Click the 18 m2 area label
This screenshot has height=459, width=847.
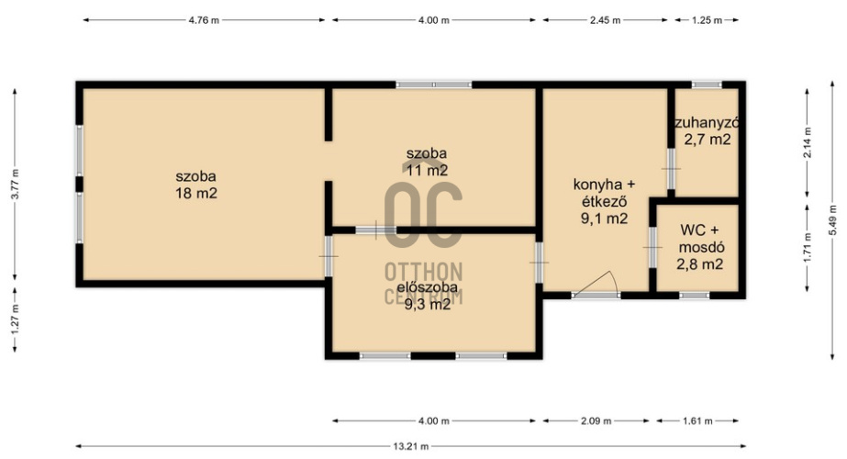(x=196, y=193)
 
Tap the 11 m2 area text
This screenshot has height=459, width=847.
(x=427, y=171)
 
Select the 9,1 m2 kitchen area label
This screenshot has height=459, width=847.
(x=604, y=218)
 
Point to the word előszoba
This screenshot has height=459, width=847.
(x=428, y=287)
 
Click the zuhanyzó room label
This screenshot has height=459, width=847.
(x=707, y=123)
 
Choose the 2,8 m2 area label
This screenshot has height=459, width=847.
(x=699, y=264)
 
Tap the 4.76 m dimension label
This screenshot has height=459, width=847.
(x=204, y=20)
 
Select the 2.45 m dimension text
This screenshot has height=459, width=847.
(x=605, y=20)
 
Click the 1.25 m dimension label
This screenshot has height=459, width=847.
(x=707, y=20)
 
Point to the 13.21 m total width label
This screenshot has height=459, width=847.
(x=410, y=446)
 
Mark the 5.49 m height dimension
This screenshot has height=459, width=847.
(x=832, y=218)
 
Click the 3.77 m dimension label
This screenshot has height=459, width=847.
(x=15, y=185)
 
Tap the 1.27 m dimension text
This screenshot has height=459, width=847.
(x=15, y=319)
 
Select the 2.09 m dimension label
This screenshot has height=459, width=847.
(x=596, y=421)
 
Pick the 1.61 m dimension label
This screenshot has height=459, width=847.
(x=697, y=421)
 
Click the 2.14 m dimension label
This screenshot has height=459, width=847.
(x=808, y=142)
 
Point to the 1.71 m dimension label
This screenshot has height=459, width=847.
(x=808, y=247)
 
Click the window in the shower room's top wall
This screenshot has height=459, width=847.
(x=708, y=84)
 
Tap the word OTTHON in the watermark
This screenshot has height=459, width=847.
(x=424, y=272)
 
